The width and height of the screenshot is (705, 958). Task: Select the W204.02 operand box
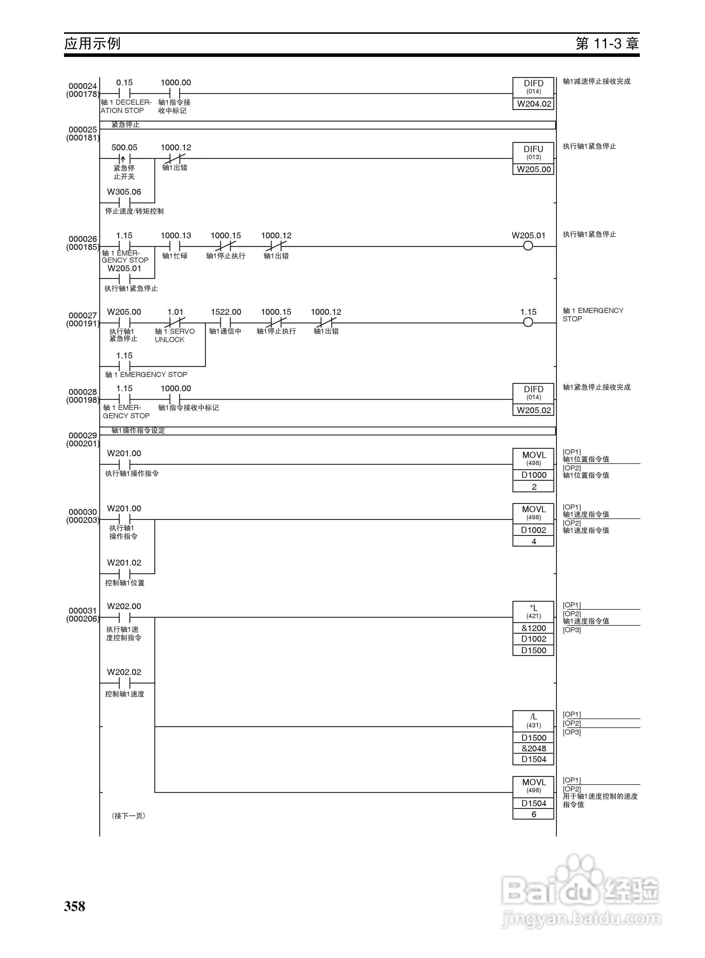point(533,104)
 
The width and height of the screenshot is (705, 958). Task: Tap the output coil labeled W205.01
point(528,246)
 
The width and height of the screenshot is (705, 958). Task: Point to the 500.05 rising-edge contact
point(124,158)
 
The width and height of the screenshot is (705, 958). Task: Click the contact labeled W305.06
point(124,202)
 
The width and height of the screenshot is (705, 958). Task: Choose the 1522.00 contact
point(226,323)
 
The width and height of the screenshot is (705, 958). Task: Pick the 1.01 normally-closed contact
point(175,323)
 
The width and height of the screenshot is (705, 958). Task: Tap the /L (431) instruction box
point(533,720)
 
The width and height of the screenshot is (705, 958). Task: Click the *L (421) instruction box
point(533,611)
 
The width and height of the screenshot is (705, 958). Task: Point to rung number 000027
point(82,315)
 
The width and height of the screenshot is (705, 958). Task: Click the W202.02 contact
point(124,683)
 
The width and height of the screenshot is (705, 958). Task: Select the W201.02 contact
point(124,573)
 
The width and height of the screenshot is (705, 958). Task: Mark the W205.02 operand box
point(533,410)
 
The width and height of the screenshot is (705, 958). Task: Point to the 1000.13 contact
point(175,246)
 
